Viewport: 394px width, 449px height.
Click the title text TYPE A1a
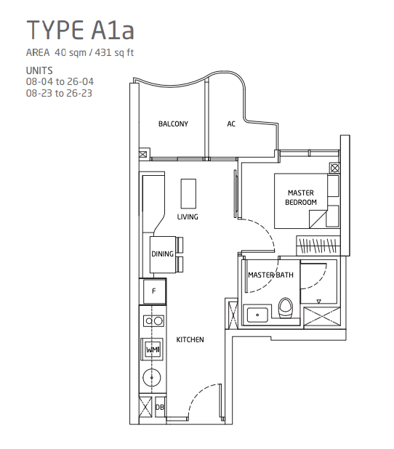coord(80,31)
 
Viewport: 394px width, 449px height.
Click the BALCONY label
coord(173,124)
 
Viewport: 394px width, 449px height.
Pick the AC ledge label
coord(231,124)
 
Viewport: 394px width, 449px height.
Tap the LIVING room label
coord(188,217)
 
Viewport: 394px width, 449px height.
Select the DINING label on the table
coord(162,254)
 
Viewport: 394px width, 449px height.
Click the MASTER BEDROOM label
coord(301,197)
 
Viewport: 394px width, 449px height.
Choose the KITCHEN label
coord(190,340)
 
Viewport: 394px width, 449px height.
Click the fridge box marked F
coord(153,292)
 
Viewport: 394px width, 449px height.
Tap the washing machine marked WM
coord(153,350)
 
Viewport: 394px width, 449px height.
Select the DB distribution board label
coord(160,408)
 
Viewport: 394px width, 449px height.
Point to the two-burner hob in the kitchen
coord(153,320)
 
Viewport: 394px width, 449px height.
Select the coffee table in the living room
coord(189,192)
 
